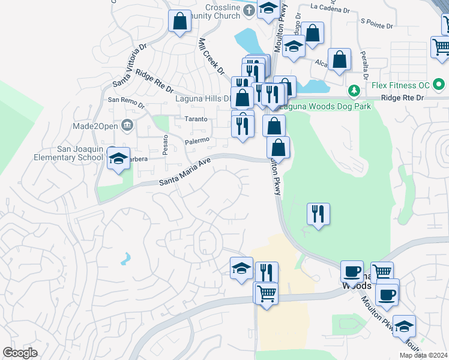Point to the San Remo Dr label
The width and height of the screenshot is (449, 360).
125,101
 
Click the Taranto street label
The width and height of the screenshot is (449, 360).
196,119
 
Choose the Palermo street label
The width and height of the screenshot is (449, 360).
197,140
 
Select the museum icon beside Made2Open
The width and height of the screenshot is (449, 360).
127,125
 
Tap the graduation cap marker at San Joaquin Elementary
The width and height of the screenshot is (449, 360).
118,159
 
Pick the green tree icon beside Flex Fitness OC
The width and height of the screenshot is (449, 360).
355,91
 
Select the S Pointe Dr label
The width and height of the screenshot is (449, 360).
376,24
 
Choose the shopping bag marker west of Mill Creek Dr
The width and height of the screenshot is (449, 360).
179,22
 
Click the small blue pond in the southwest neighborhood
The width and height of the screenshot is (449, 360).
125,259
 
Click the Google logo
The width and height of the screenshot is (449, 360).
20,353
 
